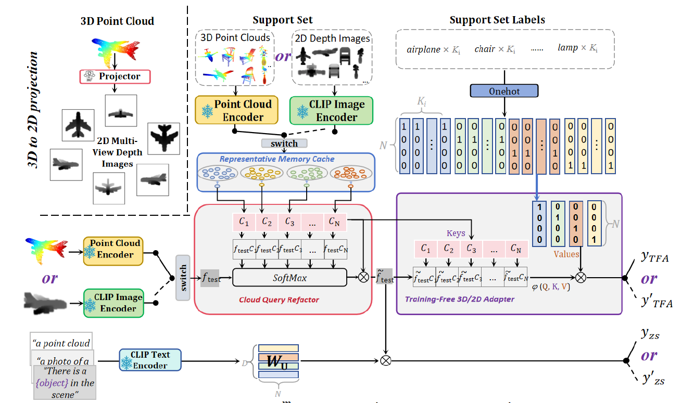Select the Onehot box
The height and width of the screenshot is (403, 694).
point(504,90)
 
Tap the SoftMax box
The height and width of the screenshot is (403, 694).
point(289,278)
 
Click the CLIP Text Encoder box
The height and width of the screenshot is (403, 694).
point(150,360)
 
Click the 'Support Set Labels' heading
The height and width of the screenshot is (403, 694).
point(497,20)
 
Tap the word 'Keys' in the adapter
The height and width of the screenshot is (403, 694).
point(456,233)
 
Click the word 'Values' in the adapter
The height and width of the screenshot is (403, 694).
point(566,254)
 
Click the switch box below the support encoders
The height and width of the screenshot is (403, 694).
point(284,143)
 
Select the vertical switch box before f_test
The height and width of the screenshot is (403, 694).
point(183,278)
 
